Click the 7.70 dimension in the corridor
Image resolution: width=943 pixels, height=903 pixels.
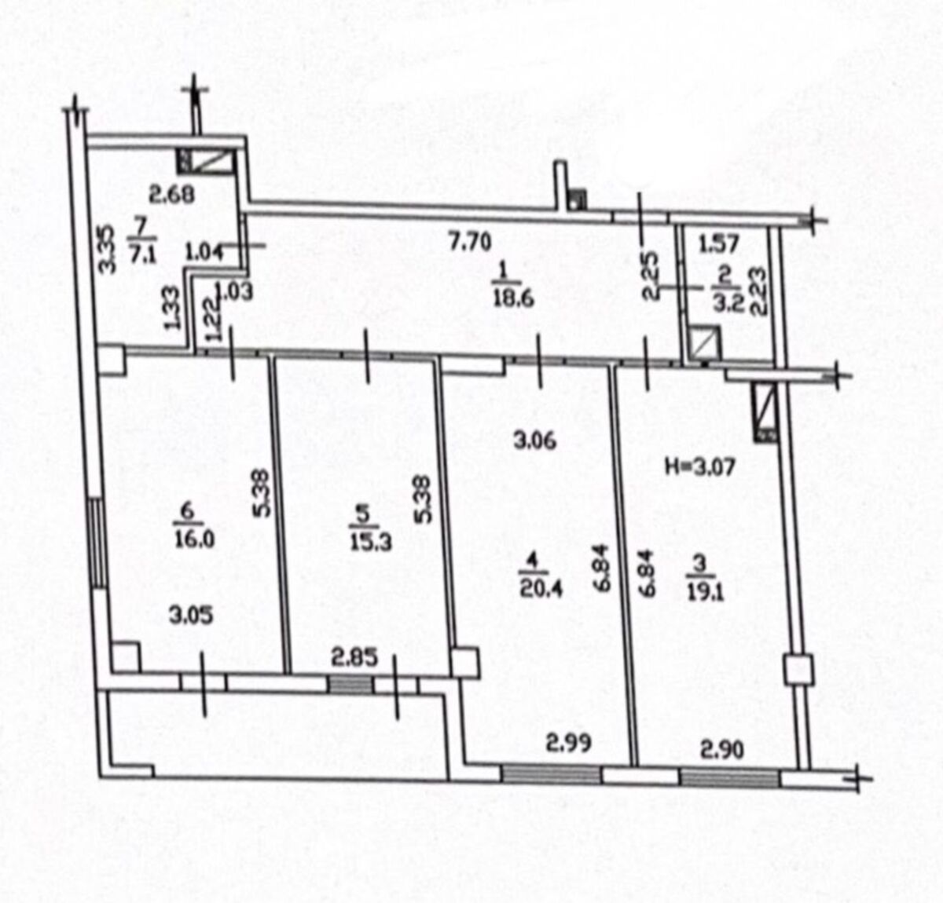click(470, 241)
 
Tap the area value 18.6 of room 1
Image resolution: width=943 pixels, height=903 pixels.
click(514, 298)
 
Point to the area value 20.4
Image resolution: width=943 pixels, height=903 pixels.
click(541, 589)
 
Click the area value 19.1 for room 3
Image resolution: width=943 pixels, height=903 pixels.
click(705, 592)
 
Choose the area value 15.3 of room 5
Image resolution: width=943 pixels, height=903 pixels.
click(371, 543)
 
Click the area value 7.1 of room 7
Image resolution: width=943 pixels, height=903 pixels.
click(143, 254)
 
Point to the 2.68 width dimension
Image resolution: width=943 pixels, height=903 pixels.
click(171, 195)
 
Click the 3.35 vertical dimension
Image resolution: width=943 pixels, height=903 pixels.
click(107, 250)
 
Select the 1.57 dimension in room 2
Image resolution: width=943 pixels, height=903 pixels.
click(718, 243)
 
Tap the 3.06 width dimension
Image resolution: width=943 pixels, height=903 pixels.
click(535, 441)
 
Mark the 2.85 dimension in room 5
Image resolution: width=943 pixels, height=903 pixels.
click(354, 658)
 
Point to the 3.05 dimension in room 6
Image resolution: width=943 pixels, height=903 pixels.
click(191, 616)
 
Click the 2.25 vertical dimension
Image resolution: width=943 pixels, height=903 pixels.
click(652, 275)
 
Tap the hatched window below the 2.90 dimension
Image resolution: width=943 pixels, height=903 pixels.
click(730, 778)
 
